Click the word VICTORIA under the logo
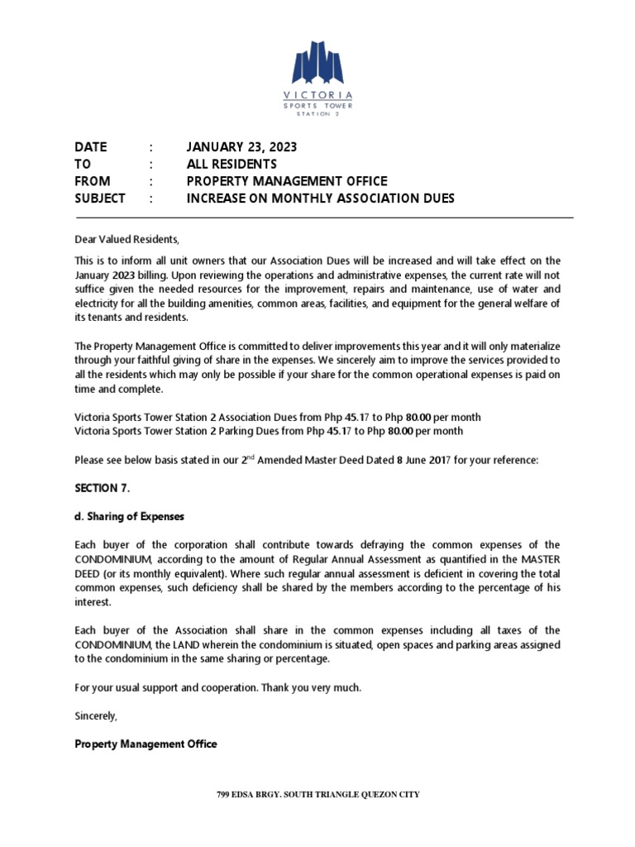pyautogui.click(x=317, y=95)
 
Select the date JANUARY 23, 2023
pyautogui.click(x=241, y=147)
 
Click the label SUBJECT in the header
pyautogui.click(x=99, y=199)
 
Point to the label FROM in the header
pyautogui.click(x=92, y=181)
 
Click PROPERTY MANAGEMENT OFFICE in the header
pyautogui.click(x=286, y=181)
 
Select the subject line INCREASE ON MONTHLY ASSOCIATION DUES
pyautogui.click(x=320, y=199)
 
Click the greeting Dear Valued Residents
pyautogui.click(x=127, y=240)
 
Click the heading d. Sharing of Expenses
pyautogui.click(x=129, y=516)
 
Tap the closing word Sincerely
pyautogui.click(x=96, y=716)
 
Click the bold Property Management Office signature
pyautogui.click(x=146, y=744)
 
